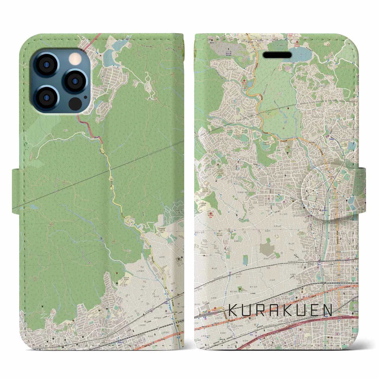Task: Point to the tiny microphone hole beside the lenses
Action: coord(86,97)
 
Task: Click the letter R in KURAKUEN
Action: coord(264,311)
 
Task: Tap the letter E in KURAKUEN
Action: coord(313,311)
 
